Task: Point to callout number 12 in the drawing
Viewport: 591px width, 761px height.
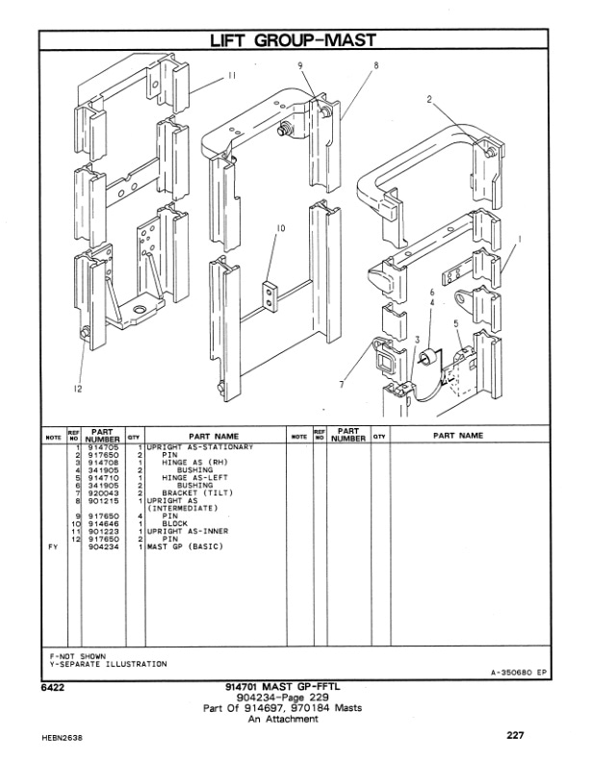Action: pos(77,389)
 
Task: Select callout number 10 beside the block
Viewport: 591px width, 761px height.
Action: pos(281,228)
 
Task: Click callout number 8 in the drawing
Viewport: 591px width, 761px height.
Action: pos(374,65)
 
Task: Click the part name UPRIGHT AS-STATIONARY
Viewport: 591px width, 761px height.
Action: pos(199,448)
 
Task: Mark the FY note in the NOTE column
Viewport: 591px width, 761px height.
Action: pos(54,545)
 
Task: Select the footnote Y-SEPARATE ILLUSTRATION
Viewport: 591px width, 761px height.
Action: pos(107,664)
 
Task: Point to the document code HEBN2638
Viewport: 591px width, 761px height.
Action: pos(64,739)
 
